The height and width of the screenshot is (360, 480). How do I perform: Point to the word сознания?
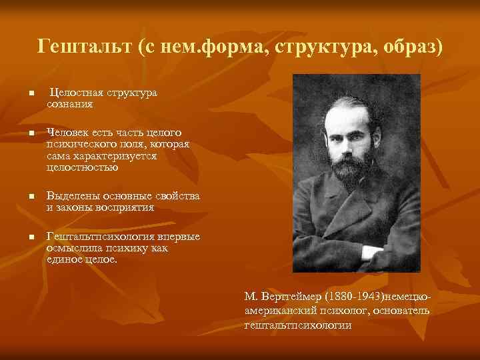coord(70,104)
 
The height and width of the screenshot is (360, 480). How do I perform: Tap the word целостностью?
coord(83,167)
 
